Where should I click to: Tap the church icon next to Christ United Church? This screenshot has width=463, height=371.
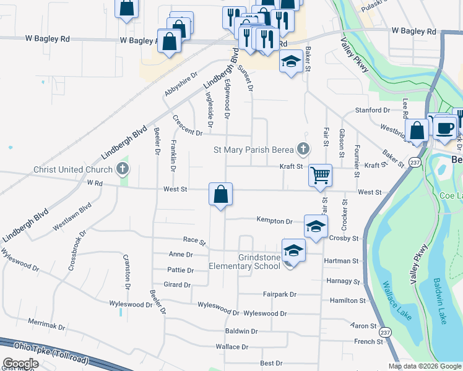point(123,169)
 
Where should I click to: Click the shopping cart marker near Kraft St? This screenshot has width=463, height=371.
point(321,175)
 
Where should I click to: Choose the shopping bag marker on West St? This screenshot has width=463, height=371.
point(220,194)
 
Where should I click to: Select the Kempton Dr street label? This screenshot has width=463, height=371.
point(275,221)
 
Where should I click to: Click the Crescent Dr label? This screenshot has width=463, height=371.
point(188,126)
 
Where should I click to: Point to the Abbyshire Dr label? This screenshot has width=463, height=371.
point(181,83)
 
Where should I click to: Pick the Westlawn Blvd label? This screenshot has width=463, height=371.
point(72,216)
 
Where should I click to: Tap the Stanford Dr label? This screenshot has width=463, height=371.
point(373,110)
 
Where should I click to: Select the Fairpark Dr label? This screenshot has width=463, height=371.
point(280,294)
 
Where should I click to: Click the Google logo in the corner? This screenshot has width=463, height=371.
point(20,364)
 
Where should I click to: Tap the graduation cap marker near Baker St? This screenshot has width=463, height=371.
point(291,61)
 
